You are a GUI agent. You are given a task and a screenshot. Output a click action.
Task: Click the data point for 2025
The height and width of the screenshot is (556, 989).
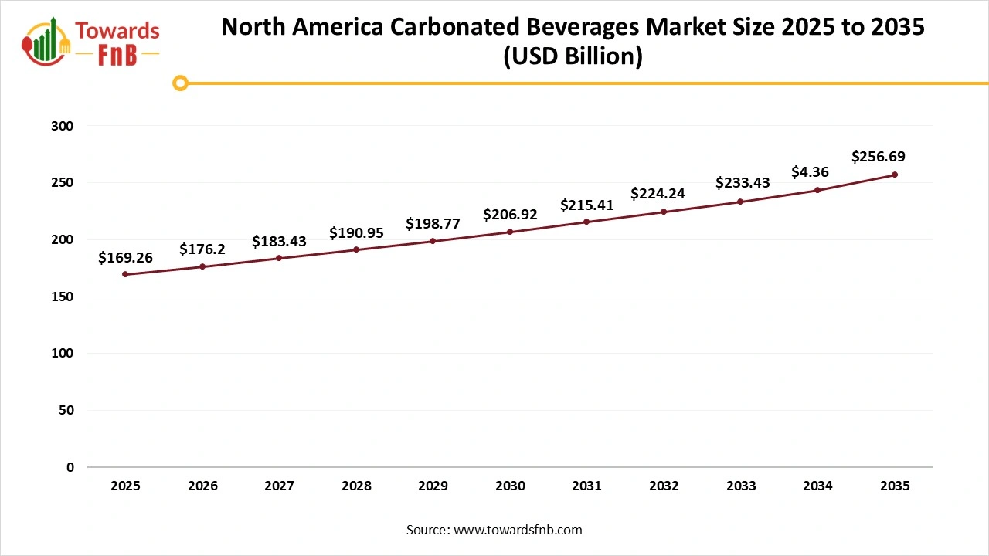pos(125,274)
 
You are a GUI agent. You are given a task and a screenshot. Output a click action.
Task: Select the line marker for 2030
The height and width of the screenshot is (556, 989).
pos(510,232)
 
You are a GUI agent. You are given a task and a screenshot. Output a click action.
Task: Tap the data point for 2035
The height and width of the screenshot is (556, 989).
pos(895,175)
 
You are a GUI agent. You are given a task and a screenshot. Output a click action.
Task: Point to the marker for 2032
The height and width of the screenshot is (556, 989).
pos(664,212)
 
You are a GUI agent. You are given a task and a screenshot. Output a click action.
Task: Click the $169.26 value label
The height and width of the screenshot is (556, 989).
pos(125,258)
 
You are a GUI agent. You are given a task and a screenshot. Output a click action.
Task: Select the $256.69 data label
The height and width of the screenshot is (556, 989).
pos(879,157)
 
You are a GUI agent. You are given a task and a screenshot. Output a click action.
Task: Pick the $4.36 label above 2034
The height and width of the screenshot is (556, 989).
pos(810,172)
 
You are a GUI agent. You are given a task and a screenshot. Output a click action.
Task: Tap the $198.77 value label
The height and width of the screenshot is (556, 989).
pos(433,224)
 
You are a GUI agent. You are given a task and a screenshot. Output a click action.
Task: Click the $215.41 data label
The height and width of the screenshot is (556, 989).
pos(586,205)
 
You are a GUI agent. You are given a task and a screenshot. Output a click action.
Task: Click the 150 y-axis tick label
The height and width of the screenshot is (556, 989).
pos(65,297)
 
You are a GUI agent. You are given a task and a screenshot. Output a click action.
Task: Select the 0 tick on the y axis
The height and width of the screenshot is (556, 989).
pos(70,467)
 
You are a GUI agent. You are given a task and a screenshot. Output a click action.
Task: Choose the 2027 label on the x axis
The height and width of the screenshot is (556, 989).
pos(279,486)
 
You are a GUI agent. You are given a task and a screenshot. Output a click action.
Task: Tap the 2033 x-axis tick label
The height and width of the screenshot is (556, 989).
pos(741,486)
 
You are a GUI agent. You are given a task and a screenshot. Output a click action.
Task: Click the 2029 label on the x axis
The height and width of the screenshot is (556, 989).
pos(433,486)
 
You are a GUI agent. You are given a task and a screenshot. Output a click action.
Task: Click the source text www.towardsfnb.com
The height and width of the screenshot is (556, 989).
pos(517,530)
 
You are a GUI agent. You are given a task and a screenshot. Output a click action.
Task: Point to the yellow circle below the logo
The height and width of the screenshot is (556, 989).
pos(180,83)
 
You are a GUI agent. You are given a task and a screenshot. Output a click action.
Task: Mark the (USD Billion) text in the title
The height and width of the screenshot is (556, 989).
pos(573,57)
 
